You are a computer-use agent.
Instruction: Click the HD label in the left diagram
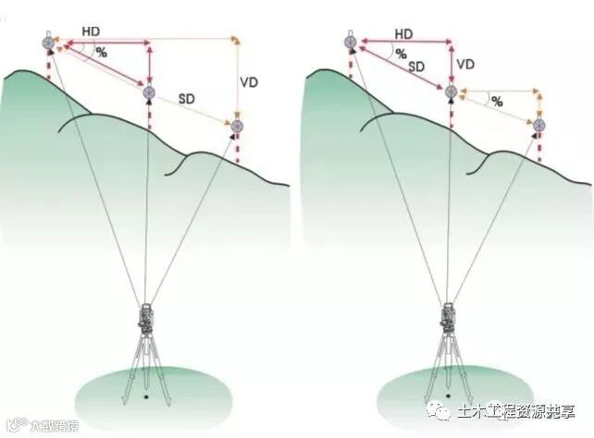pyautogui.click(x=90, y=30)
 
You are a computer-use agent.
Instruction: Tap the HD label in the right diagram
pyautogui.click(x=402, y=34)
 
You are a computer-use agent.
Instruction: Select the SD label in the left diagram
pyautogui.click(x=187, y=97)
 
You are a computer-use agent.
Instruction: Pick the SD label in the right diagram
pyautogui.click(x=415, y=67)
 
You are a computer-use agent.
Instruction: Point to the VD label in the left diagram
pyautogui.click(x=248, y=81)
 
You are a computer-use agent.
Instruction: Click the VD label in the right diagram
pyautogui.click(x=465, y=64)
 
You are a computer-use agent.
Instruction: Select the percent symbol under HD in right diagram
pyautogui.click(x=402, y=54)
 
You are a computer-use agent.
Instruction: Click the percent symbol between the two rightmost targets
pyautogui.click(x=497, y=102)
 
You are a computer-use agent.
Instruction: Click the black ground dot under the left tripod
pyautogui.click(x=146, y=399)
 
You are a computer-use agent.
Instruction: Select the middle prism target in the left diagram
pyautogui.click(x=148, y=91)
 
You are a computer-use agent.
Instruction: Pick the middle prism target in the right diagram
pyautogui.click(x=451, y=91)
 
